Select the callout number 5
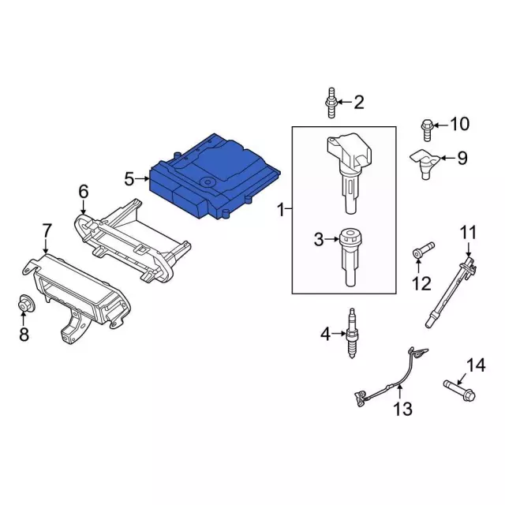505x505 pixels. click(x=129, y=179)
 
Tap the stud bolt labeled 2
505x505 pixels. click(x=331, y=103)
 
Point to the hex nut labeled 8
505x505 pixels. click(x=25, y=303)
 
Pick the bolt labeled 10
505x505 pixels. click(x=426, y=129)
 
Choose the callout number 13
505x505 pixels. click(x=402, y=410)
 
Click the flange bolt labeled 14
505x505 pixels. click(x=459, y=391)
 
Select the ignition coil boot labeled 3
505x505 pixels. click(x=350, y=257)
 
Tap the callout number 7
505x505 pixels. click(x=47, y=231)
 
